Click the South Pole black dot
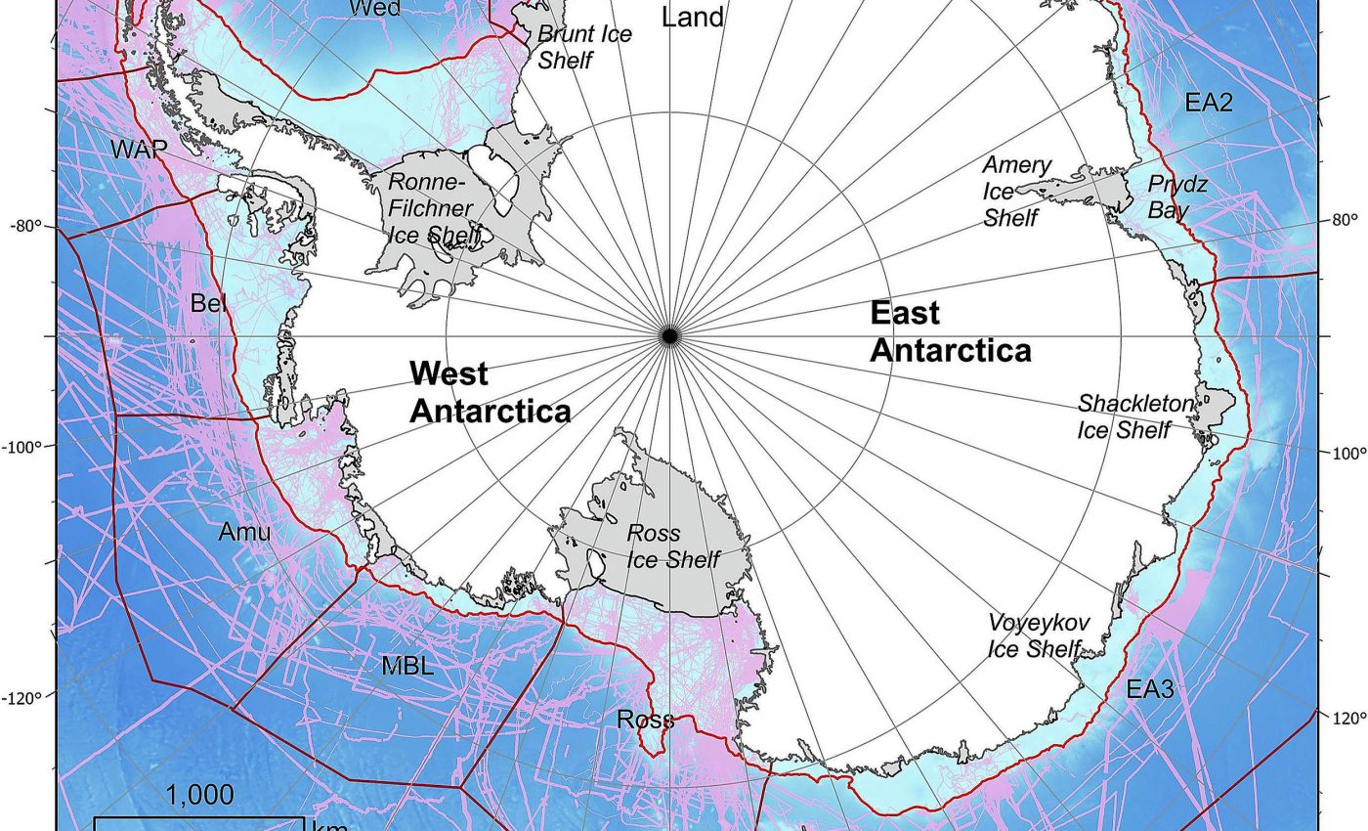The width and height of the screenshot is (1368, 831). (x=669, y=335)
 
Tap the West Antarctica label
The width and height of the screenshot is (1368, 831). (x=490, y=391)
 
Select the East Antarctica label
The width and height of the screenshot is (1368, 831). (x=950, y=331)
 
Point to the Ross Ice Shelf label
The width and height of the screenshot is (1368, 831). (x=672, y=547)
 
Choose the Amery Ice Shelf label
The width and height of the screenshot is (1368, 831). (x=1016, y=191)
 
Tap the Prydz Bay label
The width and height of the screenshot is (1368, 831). (x=1176, y=197)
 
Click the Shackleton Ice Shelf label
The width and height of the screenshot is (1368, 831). (x=1134, y=416)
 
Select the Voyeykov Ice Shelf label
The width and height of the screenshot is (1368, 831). (x=1037, y=635)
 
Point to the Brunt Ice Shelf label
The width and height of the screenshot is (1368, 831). (x=584, y=46)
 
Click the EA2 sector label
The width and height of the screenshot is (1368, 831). (x=1209, y=103)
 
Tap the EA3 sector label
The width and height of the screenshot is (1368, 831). (x=1150, y=689)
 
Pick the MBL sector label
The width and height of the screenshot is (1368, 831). (x=407, y=667)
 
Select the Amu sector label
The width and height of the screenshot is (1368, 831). (x=244, y=532)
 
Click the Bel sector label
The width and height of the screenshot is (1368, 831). (x=208, y=303)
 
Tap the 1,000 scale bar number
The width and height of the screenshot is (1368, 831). (x=199, y=795)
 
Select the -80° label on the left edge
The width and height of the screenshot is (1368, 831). (x=26, y=227)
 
